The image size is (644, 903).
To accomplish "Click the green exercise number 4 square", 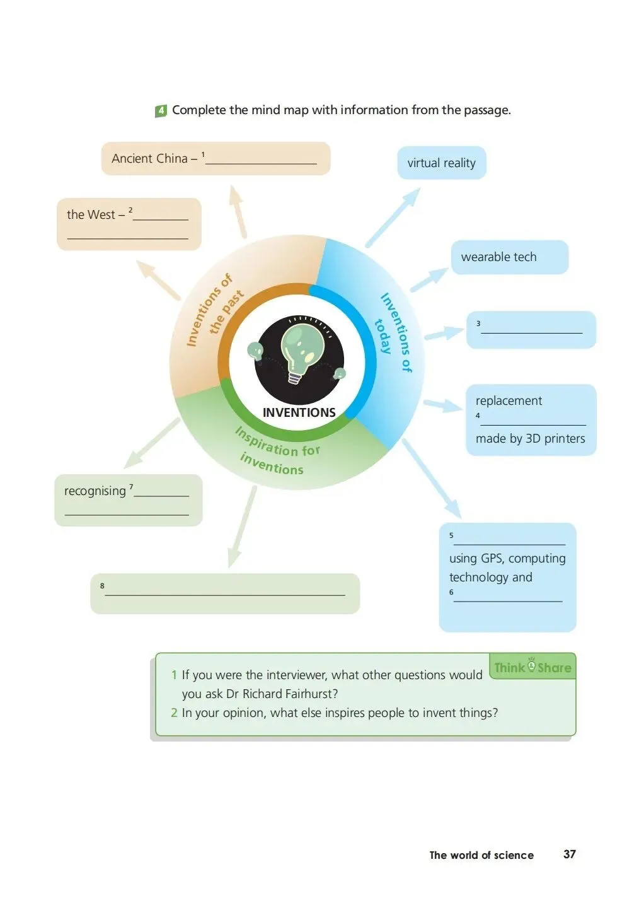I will [x=161, y=111].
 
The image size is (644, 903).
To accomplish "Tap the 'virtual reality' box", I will [x=441, y=163].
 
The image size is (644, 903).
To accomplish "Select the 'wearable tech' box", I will [x=509, y=257].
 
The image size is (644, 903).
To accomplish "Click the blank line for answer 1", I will [x=261, y=162].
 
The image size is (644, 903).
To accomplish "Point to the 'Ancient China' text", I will [x=149, y=159].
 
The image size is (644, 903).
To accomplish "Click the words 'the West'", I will [x=91, y=215].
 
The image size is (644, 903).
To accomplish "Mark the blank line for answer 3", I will [x=532, y=331].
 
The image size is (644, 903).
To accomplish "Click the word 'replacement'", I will [x=509, y=401].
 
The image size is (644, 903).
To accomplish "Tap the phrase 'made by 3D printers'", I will [x=530, y=439].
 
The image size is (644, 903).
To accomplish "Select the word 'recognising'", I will [x=95, y=491].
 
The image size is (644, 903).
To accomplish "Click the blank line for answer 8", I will [x=225, y=593].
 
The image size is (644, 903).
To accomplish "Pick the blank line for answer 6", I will [x=508, y=600].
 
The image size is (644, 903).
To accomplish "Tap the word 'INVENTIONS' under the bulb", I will [x=299, y=413].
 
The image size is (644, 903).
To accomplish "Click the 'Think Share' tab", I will [x=532, y=667].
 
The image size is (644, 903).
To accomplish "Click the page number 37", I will [x=569, y=854].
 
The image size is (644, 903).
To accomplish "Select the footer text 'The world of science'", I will [x=481, y=856].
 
